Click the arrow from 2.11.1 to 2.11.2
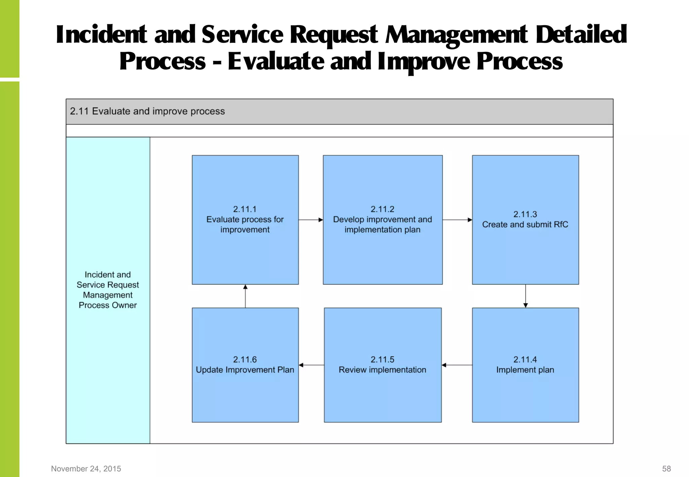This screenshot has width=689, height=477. pos(311,220)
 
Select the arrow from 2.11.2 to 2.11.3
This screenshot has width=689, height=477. pos(457,220)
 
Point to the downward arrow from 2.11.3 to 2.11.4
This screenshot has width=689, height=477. pos(525,296)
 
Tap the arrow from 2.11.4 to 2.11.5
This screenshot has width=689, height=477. pos(457,365)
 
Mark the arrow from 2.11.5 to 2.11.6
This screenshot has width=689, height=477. pos(311,365)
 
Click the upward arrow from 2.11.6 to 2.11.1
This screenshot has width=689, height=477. pos(245,296)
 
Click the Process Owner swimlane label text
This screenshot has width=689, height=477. pos(108,290)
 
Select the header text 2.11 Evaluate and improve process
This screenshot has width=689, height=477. pos(147,111)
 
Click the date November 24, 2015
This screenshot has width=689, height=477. pos(86,469)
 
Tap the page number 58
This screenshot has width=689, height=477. pos(666,469)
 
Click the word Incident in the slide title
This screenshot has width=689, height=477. pos(101,35)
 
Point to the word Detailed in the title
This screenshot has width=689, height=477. pos(581,35)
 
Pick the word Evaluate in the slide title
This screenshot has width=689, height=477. pos(276,62)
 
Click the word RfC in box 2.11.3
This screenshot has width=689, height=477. pos(561,224)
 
